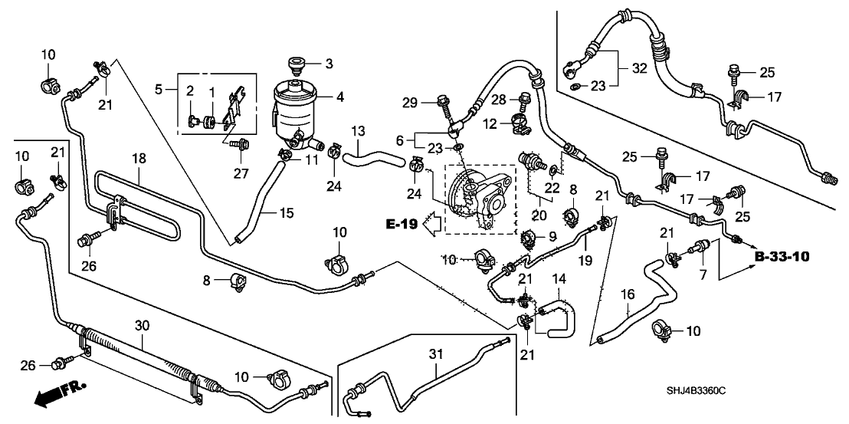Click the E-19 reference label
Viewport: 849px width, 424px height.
(x=402, y=224)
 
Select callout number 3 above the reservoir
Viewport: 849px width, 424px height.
(x=328, y=62)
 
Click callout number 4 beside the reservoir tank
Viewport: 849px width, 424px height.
(x=329, y=97)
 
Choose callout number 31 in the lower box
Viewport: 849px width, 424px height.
(x=436, y=354)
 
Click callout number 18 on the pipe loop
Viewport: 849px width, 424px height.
(x=138, y=158)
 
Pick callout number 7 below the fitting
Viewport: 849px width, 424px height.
(x=701, y=273)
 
